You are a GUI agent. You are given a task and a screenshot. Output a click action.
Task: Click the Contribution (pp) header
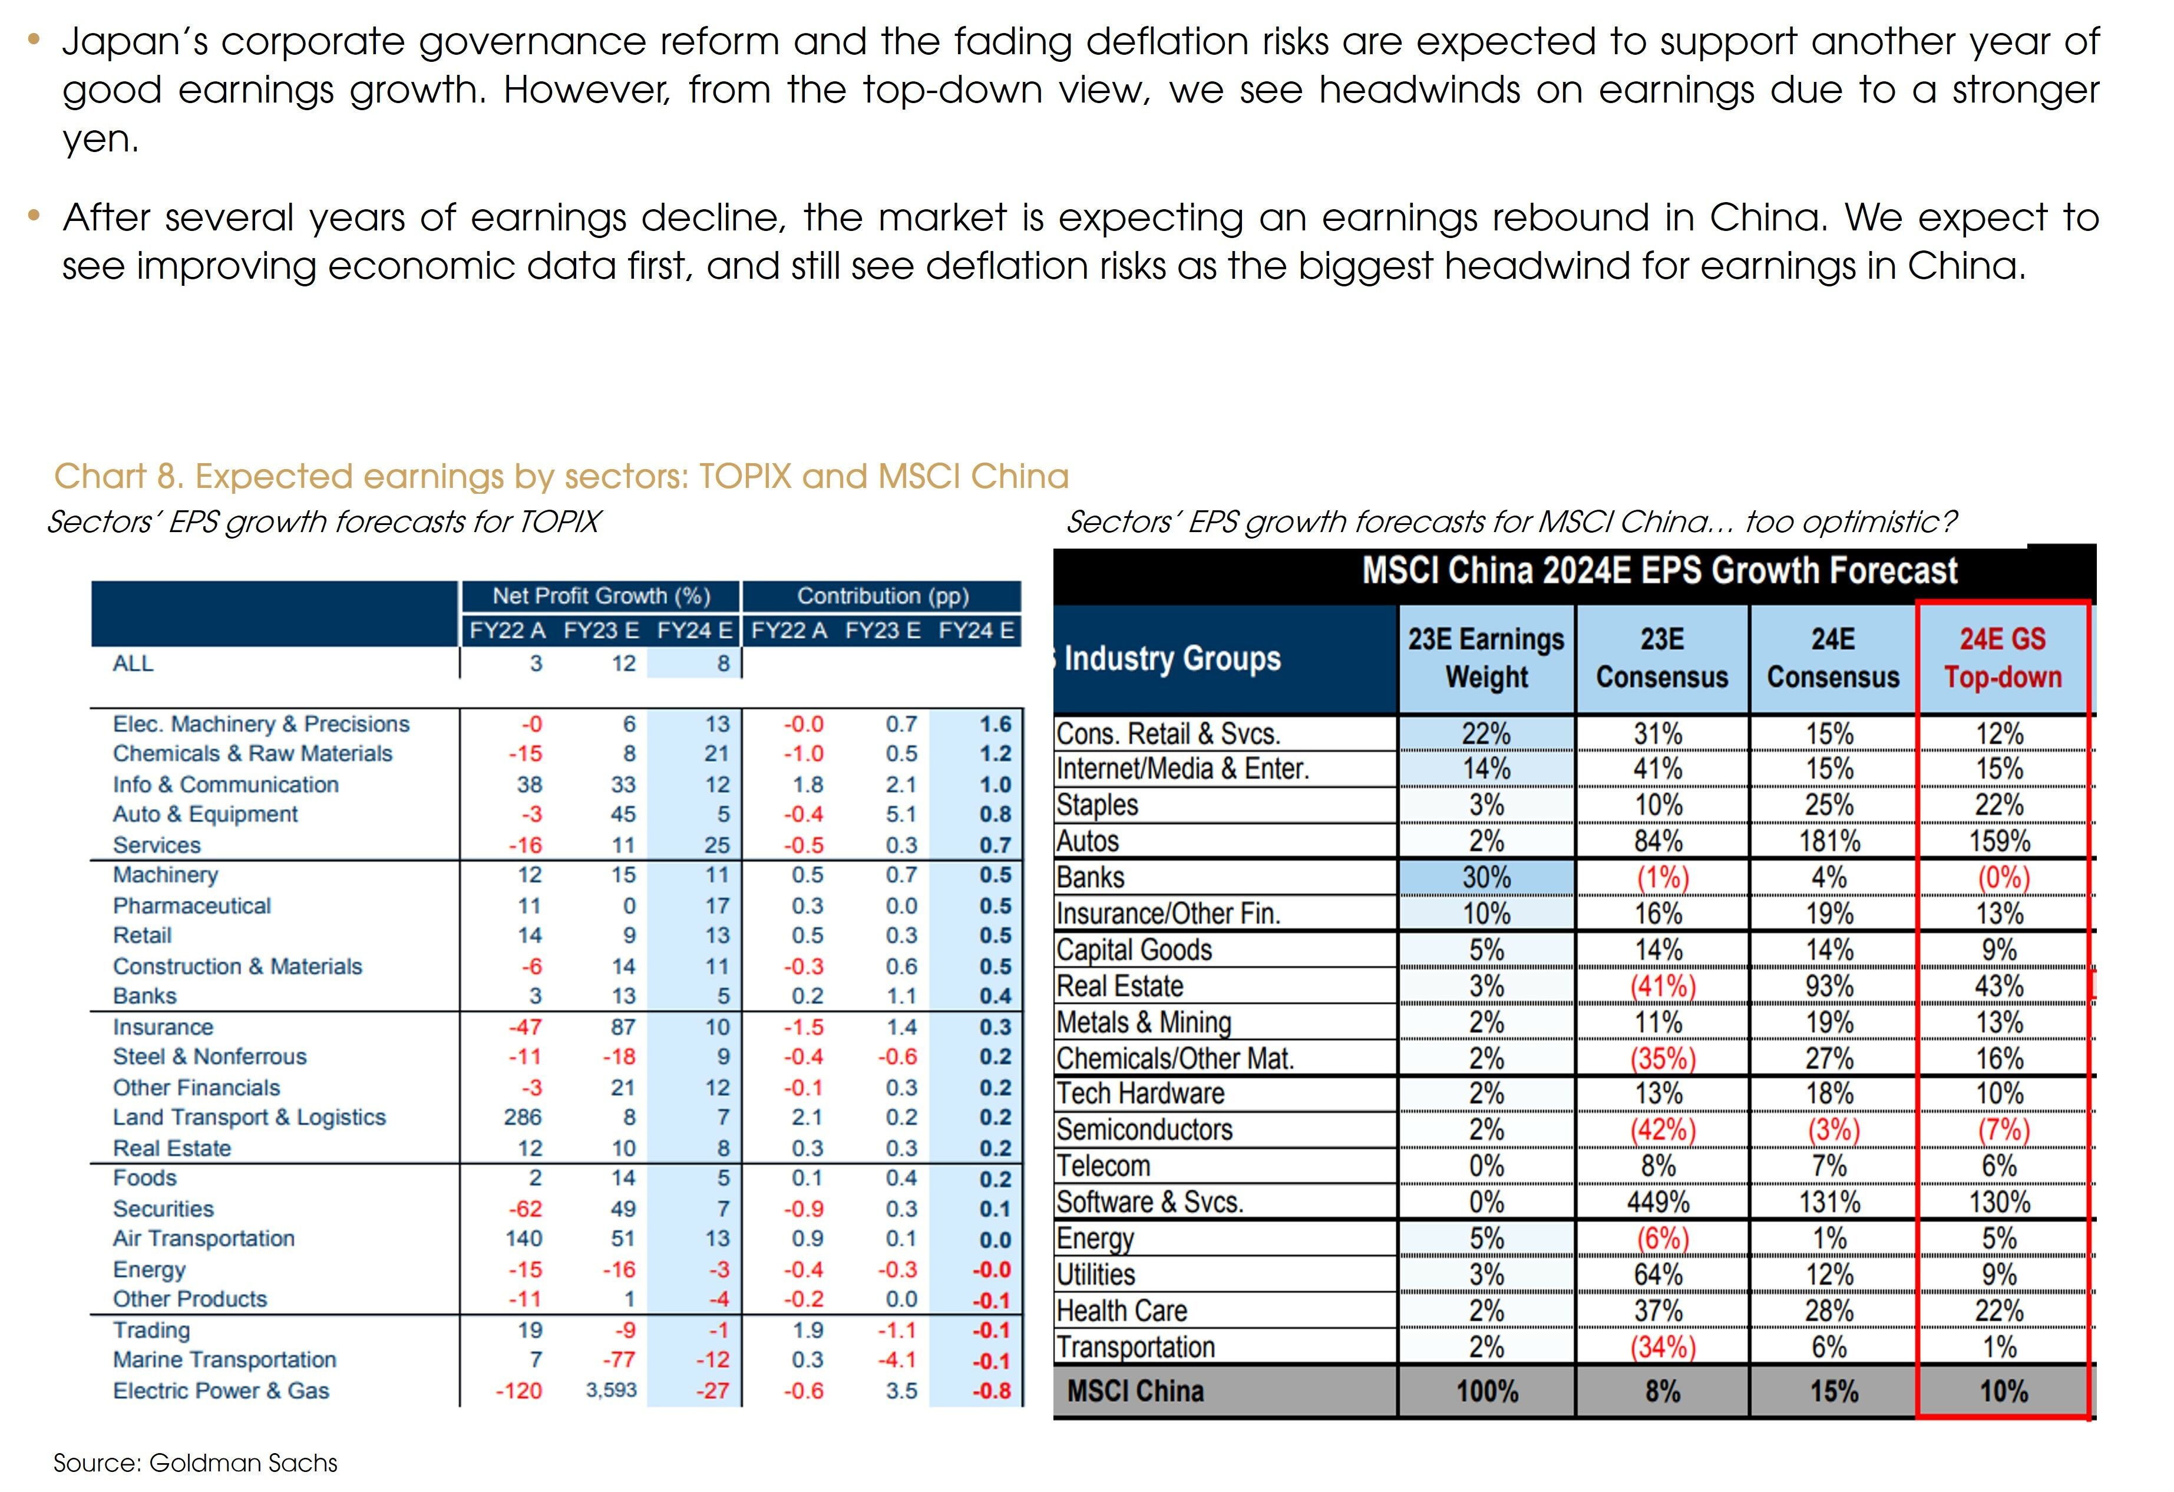coord(882,596)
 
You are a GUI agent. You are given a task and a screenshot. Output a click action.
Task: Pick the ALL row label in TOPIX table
coord(133,664)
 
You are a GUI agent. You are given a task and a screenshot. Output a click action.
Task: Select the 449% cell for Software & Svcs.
coord(1658,1202)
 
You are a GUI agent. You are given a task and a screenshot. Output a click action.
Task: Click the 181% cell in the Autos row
coord(1830,841)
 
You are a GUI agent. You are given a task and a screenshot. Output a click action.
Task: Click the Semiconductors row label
coord(1144,1130)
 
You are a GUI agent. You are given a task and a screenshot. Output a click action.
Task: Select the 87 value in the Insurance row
coord(623,1027)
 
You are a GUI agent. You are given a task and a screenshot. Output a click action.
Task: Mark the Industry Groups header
coord(1171,659)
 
